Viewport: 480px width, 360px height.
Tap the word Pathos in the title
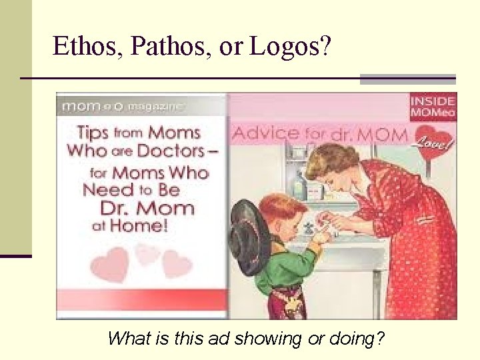pyautogui.click(x=161, y=47)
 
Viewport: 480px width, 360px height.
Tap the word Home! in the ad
pyautogui.click(x=139, y=225)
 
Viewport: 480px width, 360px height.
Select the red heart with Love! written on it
pyautogui.click(x=435, y=143)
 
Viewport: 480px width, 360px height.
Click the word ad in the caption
pyautogui.click(x=223, y=339)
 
